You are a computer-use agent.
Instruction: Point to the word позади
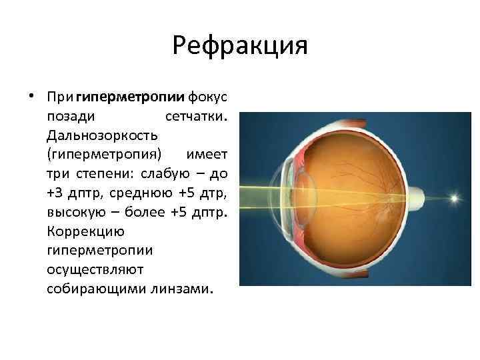tap(69, 117)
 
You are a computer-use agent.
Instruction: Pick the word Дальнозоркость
tap(102, 135)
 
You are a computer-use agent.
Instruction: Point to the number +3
tap(56, 193)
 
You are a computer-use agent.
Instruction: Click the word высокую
tap(75, 213)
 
